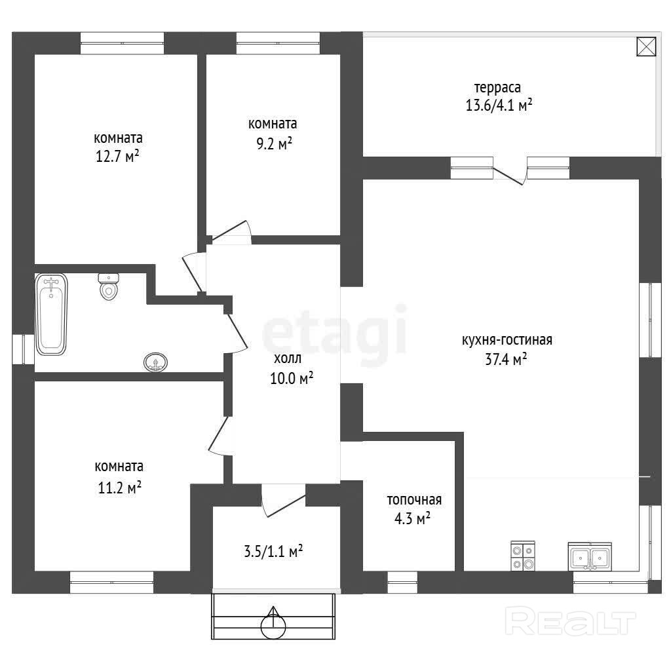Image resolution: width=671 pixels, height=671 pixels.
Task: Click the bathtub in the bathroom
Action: pos(51,314)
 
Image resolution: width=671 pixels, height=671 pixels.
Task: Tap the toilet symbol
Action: pos(109,286)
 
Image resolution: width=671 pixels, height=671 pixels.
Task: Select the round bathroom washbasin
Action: pos(155,362)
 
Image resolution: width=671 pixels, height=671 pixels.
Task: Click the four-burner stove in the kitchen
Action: pos(523,556)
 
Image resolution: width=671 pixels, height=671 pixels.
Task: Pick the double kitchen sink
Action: pos(590,556)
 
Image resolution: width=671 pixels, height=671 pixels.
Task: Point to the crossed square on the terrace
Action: pos(646,47)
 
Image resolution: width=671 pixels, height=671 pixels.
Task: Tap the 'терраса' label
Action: pos(498,88)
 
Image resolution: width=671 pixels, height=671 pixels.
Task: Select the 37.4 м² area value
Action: pos(506,359)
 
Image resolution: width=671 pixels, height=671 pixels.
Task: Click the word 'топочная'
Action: pos(414,499)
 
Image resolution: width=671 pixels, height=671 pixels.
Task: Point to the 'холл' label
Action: pos(288,358)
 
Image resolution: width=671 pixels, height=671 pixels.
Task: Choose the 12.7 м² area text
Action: pos(117,156)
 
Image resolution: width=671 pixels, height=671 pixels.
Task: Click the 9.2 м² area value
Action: pos(275,144)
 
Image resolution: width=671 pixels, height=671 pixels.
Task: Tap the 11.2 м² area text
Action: pos(120,488)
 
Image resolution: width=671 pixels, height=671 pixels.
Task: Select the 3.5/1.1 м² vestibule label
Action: pos(273,551)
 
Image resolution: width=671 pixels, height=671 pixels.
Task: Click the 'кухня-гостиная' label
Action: pos(507,340)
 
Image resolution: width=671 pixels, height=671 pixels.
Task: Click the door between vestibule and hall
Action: pos(284,500)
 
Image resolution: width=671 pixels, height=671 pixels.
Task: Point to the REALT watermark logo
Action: pos(571,621)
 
